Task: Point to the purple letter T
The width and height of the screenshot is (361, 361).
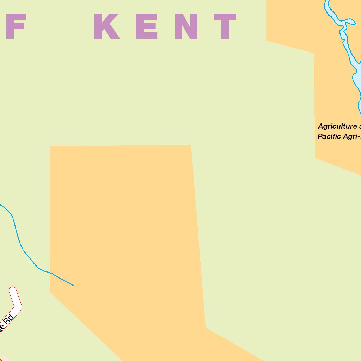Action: tap(225, 26)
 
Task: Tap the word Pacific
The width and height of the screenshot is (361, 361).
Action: tap(330, 136)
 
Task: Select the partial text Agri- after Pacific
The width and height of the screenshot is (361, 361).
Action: tap(353, 136)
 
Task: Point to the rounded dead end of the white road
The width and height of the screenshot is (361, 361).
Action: tap(13, 291)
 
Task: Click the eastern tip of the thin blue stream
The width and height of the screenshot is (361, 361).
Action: tap(74, 286)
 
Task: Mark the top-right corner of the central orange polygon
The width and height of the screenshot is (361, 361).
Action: tap(191, 145)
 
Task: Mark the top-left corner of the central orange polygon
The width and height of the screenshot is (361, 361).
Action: tap(51, 146)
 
